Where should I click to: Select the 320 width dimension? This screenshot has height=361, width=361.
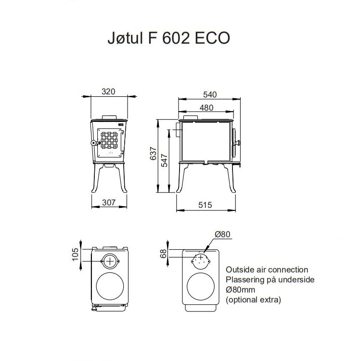[x=109, y=91]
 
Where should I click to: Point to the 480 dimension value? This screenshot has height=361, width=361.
[x=206, y=108]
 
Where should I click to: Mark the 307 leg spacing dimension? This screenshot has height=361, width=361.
[x=109, y=202]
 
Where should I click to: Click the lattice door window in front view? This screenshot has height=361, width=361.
[x=109, y=143]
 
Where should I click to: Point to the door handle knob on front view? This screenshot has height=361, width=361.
[x=93, y=143]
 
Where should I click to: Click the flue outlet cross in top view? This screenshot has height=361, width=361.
[x=111, y=260]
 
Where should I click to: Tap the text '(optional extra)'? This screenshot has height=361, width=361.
[x=253, y=299]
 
